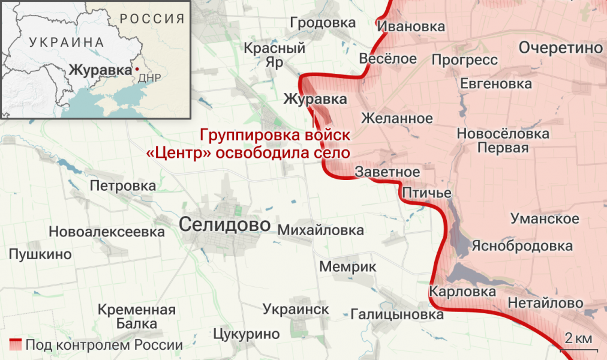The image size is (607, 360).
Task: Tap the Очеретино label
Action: pos(560,48)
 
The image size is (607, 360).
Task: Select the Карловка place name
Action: pos(462,292)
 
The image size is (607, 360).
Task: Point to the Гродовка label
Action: pos(322,23)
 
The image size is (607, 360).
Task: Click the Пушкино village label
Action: pos(40,254)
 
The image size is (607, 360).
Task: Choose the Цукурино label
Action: pos(246,334)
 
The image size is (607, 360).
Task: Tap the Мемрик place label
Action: pos(347,266)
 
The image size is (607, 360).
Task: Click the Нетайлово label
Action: pos(545,303)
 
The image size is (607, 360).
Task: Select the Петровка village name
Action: pos(122,185)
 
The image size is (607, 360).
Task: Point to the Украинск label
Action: pos(296,309)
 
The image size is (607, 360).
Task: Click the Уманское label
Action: pos(545,218)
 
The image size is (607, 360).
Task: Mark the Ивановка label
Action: pos(411,26)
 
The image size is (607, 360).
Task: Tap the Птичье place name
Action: pos(426,193)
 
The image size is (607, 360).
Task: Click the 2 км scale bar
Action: pos(578,341)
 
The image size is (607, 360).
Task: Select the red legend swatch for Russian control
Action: pos(15,345)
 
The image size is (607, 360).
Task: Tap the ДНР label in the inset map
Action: pos(148,79)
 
